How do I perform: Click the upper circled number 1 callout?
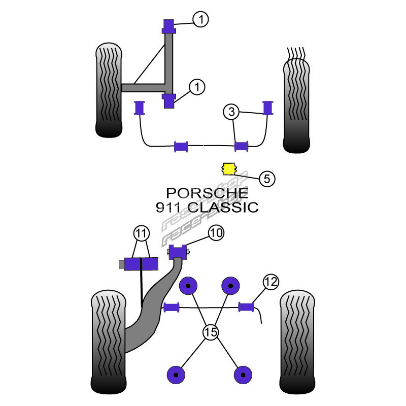coord(200,20)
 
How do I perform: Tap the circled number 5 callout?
coord(267,178)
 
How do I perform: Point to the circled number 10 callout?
coord(215,233)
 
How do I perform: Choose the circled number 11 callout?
coord(141,234)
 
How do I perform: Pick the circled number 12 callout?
coord(270,281)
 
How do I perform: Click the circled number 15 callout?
coord(210,333)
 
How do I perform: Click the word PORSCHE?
coord(208,193)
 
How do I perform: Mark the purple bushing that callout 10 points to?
coord(178,252)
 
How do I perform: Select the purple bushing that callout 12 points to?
coord(246,306)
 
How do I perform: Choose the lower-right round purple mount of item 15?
coord(244,375)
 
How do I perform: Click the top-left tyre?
coord(108,91)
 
